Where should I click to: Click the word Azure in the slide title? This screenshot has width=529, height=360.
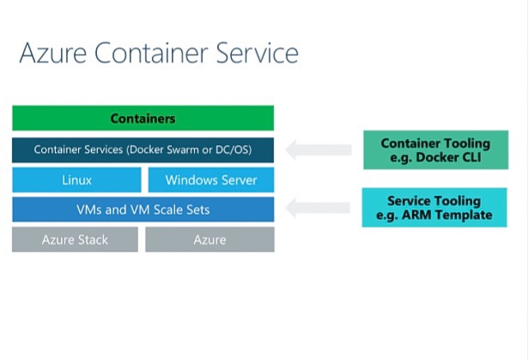53,53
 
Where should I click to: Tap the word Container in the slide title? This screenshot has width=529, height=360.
151,52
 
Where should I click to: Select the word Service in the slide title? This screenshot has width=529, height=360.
258,52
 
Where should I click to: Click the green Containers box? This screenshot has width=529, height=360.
143,118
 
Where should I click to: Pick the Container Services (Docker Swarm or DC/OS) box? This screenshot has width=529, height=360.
143,150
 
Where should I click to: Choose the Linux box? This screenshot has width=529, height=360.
76,180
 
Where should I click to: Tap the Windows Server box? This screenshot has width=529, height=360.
211,180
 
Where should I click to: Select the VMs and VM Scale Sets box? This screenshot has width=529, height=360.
143,210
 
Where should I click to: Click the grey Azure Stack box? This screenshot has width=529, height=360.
75,240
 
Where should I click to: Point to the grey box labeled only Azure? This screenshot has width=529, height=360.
210,240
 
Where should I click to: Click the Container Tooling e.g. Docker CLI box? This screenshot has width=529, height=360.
436,149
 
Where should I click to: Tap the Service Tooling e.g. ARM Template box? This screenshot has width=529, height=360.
435,208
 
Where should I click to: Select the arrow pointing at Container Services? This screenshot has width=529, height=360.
319,149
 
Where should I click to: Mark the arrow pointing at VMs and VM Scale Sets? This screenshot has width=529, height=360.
318,208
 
